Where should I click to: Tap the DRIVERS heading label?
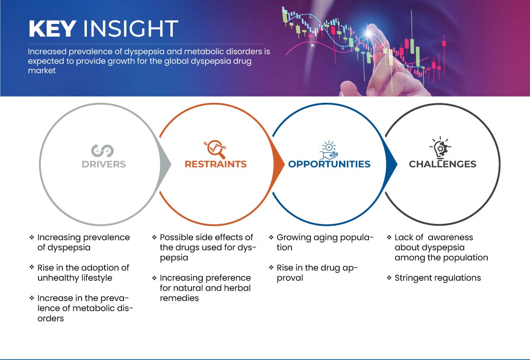click(104, 164)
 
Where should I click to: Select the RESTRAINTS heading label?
click(215, 164)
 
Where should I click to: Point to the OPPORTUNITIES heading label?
click(329, 164)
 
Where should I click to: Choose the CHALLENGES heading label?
click(443, 164)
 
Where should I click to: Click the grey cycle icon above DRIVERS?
click(102, 151)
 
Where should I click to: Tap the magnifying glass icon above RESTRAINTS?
click(215, 149)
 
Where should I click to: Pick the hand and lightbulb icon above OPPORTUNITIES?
click(329, 150)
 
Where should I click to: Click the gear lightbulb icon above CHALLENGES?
click(440, 148)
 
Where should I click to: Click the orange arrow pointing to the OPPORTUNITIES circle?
click(278, 164)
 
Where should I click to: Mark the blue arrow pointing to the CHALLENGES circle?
click(392, 164)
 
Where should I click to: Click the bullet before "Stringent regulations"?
click(389, 278)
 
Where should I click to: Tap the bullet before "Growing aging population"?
click(271, 237)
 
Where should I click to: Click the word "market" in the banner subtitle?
click(42, 71)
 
